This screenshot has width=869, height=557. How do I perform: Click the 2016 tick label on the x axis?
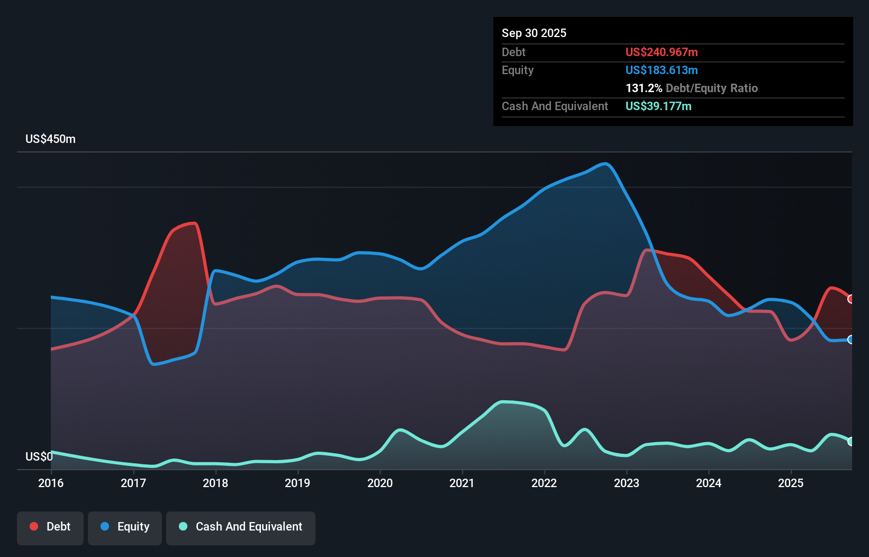[x=51, y=483]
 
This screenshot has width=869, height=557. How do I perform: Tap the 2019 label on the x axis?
[x=297, y=483]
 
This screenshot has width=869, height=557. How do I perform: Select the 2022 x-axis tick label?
[x=544, y=483]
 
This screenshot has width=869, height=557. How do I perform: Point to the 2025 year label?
[x=791, y=483]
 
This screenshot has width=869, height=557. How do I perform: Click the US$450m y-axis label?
[x=50, y=139]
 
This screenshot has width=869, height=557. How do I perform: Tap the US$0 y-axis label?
[x=39, y=456]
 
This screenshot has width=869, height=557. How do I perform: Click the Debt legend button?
[x=50, y=527]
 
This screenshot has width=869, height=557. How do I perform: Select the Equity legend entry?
[x=125, y=527]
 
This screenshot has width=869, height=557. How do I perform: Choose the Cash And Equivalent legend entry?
[x=241, y=527]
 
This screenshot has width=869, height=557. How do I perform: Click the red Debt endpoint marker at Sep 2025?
[x=851, y=299]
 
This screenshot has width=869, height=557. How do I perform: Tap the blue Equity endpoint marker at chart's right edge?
[x=851, y=339]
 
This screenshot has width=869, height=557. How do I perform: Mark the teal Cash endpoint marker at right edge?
[x=851, y=441]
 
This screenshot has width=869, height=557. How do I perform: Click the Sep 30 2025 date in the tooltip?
[x=534, y=33]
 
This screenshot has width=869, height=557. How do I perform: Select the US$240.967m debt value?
[x=662, y=52]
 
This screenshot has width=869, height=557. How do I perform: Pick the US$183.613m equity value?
[x=662, y=70]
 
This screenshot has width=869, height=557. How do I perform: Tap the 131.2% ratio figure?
[x=644, y=88]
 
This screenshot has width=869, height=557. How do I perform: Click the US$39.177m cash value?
[x=658, y=106]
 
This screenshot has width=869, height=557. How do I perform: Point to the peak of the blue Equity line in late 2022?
[x=605, y=164]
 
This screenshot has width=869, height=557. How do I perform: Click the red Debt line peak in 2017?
[x=194, y=223]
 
